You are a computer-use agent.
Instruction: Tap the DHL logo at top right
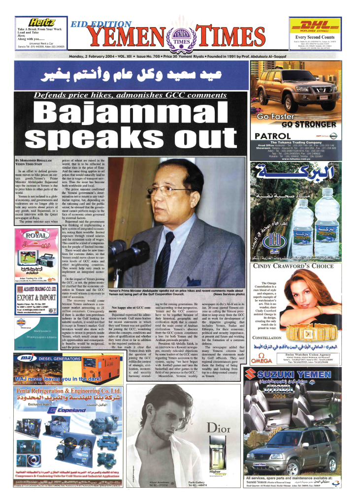(x=315, y=26)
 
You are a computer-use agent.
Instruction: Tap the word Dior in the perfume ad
(x=219, y=428)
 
